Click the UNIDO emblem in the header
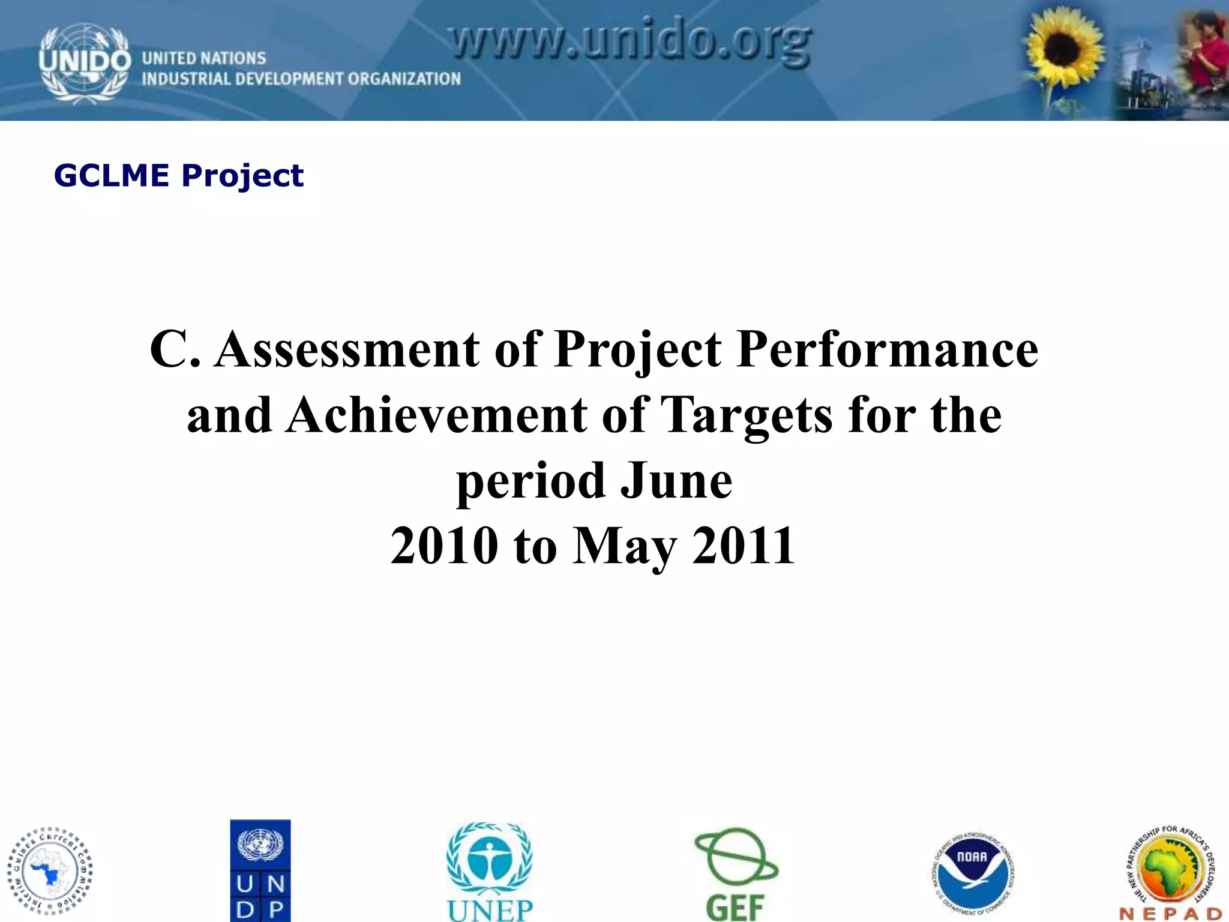tap(84, 63)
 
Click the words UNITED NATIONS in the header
tap(203, 58)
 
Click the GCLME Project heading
tap(179, 176)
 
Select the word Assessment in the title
tap(347, 349)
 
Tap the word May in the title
tap(624, 546)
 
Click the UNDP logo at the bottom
tap(260, 870)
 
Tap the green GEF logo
tap(736, 873)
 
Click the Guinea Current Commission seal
tap(50, 872)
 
